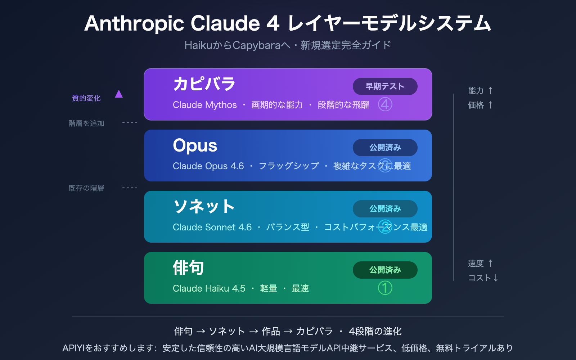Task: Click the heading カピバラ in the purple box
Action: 204,84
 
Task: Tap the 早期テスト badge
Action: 385,86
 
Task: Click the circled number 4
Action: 385,105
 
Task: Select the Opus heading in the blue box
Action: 195,145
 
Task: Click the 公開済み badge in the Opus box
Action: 385,148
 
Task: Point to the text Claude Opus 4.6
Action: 208,166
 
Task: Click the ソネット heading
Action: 204,207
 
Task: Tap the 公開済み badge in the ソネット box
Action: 385,209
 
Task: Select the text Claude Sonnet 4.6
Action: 212,227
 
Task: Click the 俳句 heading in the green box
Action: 188,268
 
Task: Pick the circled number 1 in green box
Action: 385,288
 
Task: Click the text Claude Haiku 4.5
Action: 209,288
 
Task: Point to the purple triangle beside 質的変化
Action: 119,95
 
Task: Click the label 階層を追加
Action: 86,123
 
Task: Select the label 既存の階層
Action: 86,188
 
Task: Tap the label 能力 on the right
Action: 476,91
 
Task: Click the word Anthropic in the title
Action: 134,24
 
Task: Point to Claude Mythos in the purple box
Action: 204,105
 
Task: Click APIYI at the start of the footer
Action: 73,348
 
